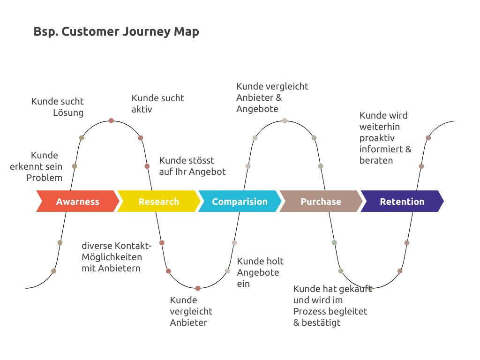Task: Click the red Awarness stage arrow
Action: [x=77, y=202]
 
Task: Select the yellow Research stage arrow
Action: [x=158, y=202]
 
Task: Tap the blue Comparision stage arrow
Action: [x=240, y=202]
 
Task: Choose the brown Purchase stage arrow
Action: [x=321, y=202]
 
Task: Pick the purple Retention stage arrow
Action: [x=402, y=202]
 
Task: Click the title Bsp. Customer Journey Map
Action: [x=116, y=32]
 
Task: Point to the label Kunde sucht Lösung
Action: [x=58, y=107]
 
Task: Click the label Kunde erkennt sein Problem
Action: [x=37, y=166]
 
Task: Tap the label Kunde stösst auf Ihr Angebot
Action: [x=192, y=166]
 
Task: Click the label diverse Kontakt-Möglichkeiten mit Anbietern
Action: [x=116, y=257]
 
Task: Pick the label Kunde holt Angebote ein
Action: [x=260, y=272]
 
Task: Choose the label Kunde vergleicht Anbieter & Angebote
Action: [x=272, y=97]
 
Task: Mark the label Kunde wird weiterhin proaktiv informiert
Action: [x=385, y=138]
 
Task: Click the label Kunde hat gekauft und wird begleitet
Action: [x=332, y=306]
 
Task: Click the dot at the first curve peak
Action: [x=111, y=120]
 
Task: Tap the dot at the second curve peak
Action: [x=285, y=120]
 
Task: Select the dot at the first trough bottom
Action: [x=198, y=288]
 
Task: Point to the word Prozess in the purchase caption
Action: [x=309, y=311]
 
